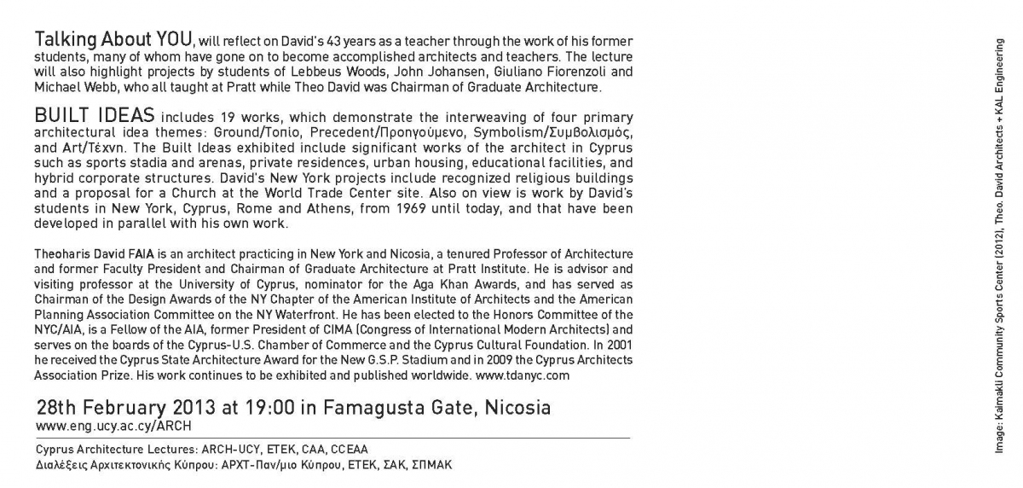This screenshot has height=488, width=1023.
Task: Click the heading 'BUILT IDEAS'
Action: point(94,115)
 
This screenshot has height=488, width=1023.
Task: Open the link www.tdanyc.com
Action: point(522,375)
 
